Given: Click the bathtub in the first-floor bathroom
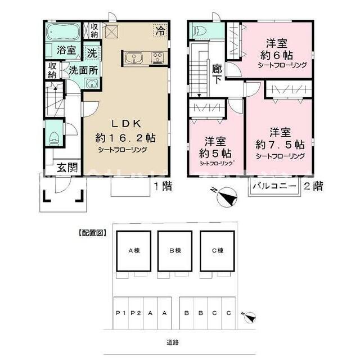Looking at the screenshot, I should pyautogui.click(x=63, y=32).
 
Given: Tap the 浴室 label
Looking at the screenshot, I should pyautogui.click(x=67, y=50).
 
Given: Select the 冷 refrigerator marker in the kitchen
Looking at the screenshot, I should pyautogui.click(x=160, y=31).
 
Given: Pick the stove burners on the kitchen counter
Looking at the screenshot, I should pyautogui.click(x=156, y=56).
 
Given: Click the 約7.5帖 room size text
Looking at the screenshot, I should pyautogui.click(x=280, y=144).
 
